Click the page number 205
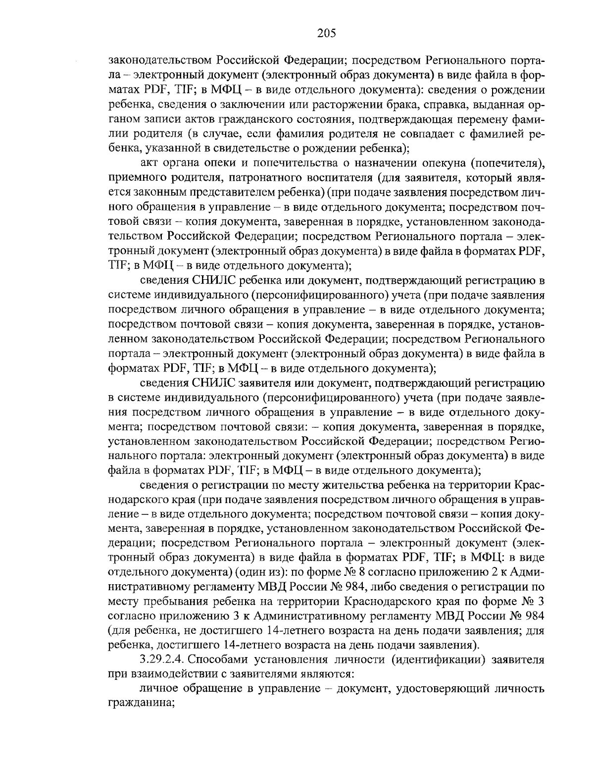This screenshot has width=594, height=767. click(x=326, y=33)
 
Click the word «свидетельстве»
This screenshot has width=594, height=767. click(x=259, y=148)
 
